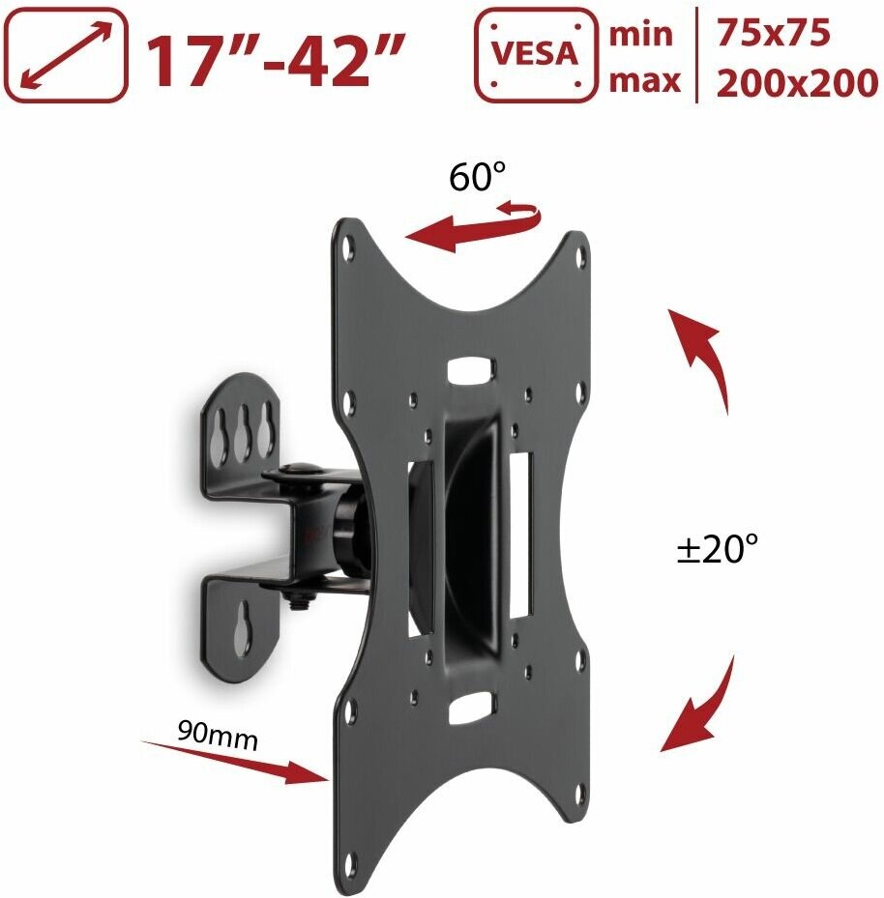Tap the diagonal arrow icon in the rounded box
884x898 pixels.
click(x=67, y=55)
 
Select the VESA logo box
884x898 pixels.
click(x=536, y=55)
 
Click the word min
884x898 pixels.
click(x=640, y=35)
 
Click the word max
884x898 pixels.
click(x=644, y=80)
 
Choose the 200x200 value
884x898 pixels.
click(x=797, y=83)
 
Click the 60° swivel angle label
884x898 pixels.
click(x=477, y=176)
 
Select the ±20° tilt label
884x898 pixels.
click(x=718, y=548)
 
